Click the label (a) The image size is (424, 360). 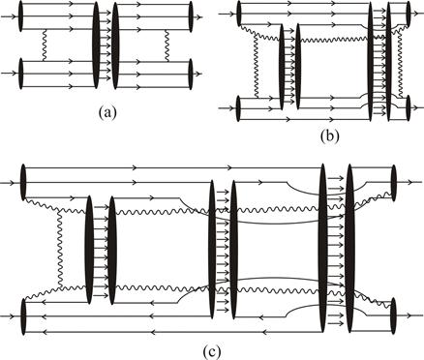click(x=107, y=113)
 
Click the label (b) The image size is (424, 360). click(x=329, y=136)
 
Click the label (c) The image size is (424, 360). click(x=212, y=352)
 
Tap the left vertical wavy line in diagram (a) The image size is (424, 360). click(x=45, y=45)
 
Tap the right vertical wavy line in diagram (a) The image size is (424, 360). click(x=167, y=45)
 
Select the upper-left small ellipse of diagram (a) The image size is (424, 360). click(x=21, y=16)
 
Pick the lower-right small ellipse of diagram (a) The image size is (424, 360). click(x=191, y=74)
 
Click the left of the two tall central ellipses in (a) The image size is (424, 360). click(x=96, y=45)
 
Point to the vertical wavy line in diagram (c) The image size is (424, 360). click(x=59, y=248)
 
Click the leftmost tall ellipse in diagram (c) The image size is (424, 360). click(x=89, y=250)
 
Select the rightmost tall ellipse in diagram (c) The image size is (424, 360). click(x=350, y=248)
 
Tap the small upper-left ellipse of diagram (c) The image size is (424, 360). click(x=22, y=183)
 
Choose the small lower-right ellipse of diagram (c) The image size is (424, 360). click(x=393, y=315)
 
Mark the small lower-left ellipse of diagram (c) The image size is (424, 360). click(x=22, y=316)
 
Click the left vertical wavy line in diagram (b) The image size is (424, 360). click(x=256, y=66)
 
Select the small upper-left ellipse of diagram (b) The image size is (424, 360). click(x=239, y=14)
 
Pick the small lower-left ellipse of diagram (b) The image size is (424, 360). click(x=238, y=108)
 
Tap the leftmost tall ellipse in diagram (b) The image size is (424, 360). click(x=282, y=67)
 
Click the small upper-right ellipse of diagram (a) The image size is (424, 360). click(x=191, y=16)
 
